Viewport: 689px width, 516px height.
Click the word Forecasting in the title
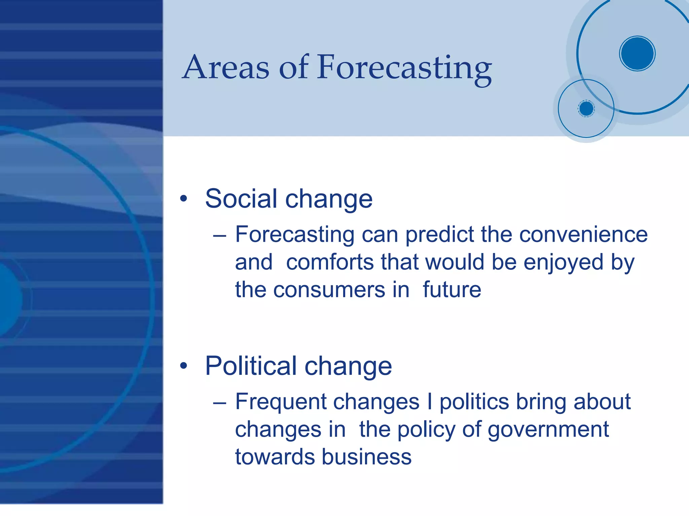(404, 68)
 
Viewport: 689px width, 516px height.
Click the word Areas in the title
(226, 68)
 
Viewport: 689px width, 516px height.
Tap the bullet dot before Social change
(183, 199)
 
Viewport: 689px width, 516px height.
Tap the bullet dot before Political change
(183, 366)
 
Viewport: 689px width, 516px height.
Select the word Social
(241, 199)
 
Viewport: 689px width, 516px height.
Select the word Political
(251, 366)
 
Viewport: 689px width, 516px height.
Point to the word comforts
(329, 262)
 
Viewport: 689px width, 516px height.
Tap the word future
(452, 289)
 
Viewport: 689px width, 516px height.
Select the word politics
(474, 402)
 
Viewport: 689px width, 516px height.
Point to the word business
(366, 457)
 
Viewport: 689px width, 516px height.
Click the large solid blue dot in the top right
(637, 53)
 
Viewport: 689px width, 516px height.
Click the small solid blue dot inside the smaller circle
(586, 109)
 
